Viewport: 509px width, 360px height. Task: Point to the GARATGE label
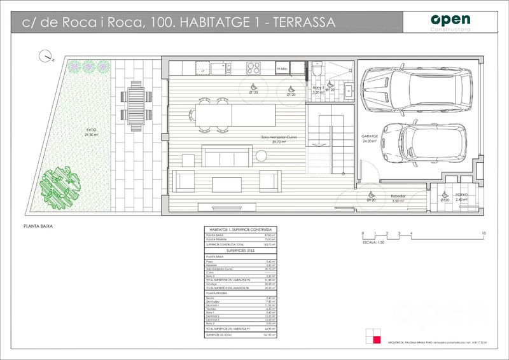tap(370, 137)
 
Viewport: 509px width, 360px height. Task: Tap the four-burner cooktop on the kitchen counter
tap(253, 69)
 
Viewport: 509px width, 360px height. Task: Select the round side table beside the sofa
tap(261, 155)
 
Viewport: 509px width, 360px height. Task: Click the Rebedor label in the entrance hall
tap(399, 197)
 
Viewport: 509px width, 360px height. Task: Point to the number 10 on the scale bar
tap(484, 234)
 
